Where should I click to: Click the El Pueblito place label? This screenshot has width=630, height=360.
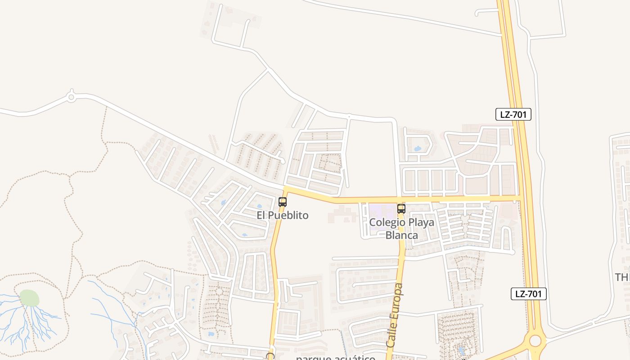pyautogui.click(x=283, y=216)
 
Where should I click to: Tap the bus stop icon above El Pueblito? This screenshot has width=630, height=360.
pyautogui.click(x=283, y=202)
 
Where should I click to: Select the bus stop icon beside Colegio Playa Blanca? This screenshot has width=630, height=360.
pyautogui.click(x=401, y=209)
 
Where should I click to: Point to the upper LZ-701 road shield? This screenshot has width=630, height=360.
pyautogui.click(x=513, y=114)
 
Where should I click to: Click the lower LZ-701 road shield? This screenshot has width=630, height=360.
pyautogui.click(x=529, y=294)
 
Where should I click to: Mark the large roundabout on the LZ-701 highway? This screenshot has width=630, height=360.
pyautogui.click(x=535, y=340)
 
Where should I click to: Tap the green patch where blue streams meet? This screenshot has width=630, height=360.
pyautogui.click(x=29, y=298)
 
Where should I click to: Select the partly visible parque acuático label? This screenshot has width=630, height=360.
pyautogui.click(x=336, y=358)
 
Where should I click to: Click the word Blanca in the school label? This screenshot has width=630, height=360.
pyautogui.click(x=402, y=235)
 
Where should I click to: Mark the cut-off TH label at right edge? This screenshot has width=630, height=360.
pyautogui.click(x=623, y=277)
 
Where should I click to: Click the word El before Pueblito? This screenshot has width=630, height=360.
pyautogui.click(x=261, y=216)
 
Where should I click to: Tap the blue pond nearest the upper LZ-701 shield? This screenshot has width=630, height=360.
pyautogui.click(x=417, y=148)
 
